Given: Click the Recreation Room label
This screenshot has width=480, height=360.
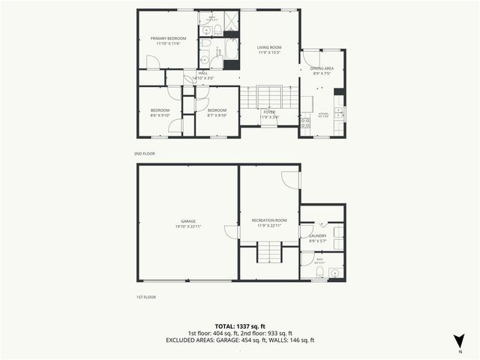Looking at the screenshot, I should [x=268, y=223].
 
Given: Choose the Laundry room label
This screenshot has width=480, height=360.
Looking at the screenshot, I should [x=317, y=238].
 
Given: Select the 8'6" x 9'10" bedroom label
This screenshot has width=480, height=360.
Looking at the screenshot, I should [x=160, y=112].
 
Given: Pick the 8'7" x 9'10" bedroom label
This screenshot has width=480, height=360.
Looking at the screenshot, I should [x=217, y=112].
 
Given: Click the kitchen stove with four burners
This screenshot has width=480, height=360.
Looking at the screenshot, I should [x=305, y=122].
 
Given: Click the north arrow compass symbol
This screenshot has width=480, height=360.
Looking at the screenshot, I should [x=458, y=340].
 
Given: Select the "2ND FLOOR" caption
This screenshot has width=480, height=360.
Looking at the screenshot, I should [x=145, y=153].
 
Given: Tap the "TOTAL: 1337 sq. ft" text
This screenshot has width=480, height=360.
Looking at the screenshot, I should [x=240, y=326].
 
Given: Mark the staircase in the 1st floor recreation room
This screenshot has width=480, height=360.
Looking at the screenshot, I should [x=268, y=253].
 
